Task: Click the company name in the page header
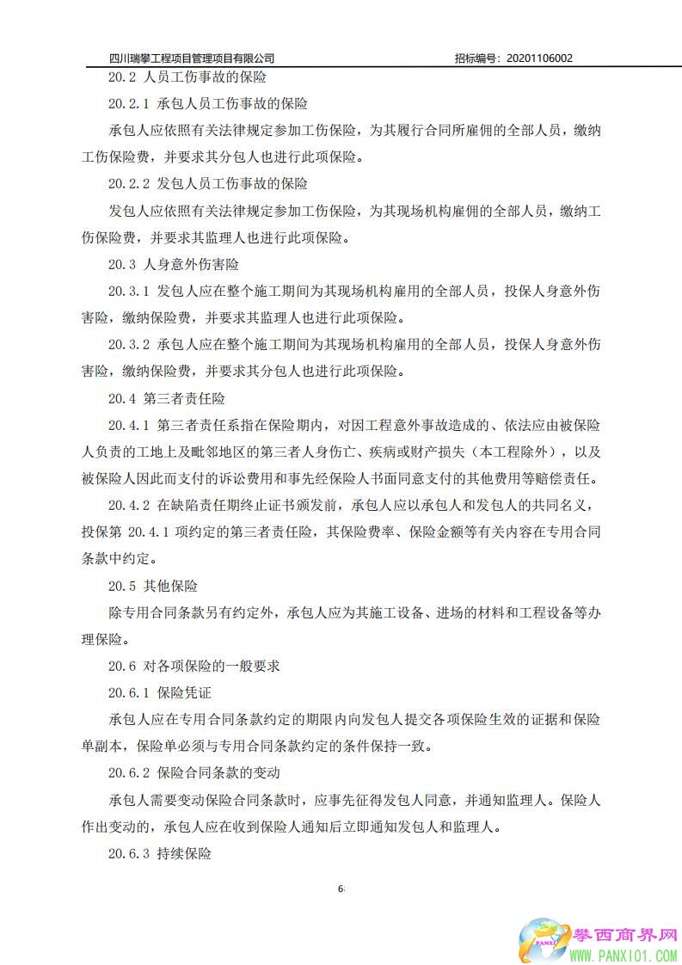(192, 58)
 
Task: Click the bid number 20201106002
(538, 58)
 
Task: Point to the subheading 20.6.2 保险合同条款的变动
(194, 773)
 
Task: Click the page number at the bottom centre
(341, 888)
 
